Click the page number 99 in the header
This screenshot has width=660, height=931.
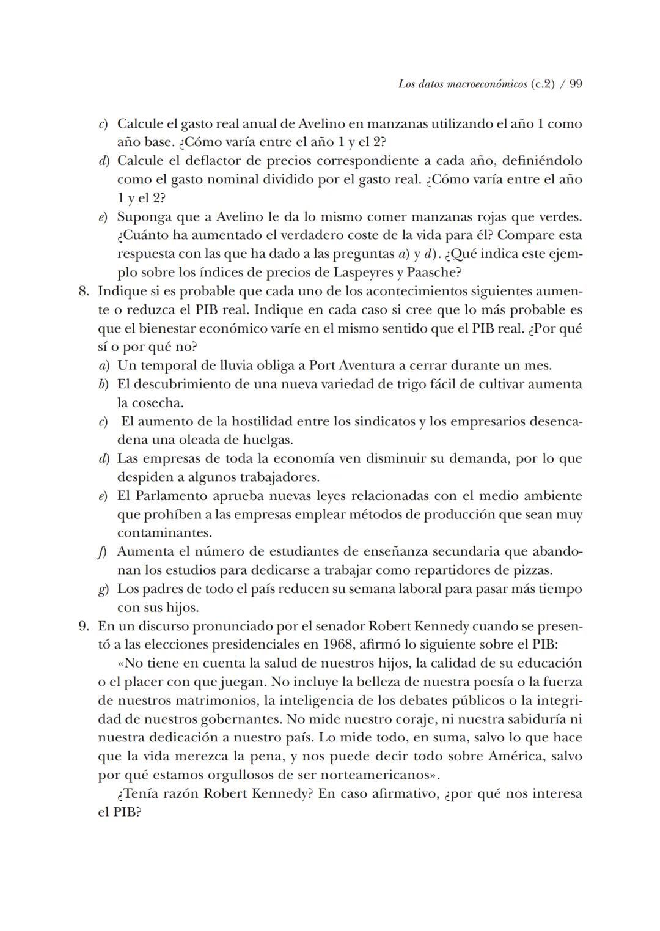(x=575, y=84)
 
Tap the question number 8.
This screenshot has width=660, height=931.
(x=84, y=291)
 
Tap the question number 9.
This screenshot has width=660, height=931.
(x=84, y=627)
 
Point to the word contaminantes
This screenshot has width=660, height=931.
(x=164, y=533)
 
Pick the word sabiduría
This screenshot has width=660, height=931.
(x=534, y=719)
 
